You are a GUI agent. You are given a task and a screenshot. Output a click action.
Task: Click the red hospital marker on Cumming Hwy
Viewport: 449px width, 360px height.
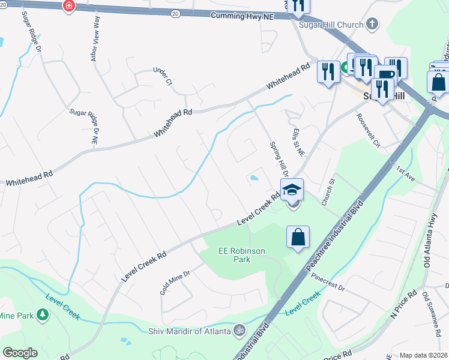(69, 5)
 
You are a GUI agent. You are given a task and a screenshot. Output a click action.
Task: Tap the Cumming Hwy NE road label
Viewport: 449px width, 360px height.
(242, 16)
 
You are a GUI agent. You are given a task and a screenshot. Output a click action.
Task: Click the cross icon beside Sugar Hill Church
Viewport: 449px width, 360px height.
(372, 25)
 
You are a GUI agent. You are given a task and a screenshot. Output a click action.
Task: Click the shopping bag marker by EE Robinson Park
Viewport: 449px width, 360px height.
(298, 237)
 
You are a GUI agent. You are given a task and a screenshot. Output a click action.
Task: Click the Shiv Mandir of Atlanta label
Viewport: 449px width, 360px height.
(189, 331)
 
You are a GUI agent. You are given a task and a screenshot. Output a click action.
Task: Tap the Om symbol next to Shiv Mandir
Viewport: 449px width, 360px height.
(238, 331)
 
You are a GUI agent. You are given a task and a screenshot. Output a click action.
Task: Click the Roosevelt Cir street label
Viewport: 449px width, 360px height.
(369, 130)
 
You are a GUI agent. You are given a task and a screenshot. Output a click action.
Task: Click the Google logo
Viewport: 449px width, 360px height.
(20, 353)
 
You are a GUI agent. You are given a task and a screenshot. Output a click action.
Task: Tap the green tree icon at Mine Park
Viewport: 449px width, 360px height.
(42, 314)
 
